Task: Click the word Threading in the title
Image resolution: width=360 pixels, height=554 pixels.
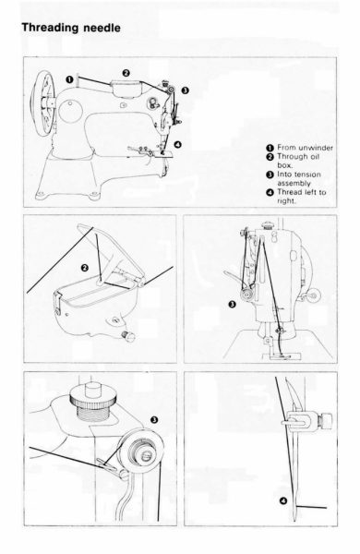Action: coord(51,28)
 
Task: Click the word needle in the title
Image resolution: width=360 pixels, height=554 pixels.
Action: coord(102,28)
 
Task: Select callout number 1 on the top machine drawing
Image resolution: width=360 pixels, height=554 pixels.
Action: coord(69,79)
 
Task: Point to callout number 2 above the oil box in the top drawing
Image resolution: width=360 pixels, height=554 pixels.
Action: coord(126,73)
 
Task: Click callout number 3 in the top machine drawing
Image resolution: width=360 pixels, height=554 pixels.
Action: coord(185,90)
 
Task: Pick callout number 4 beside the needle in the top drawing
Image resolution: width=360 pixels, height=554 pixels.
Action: coord(178,144)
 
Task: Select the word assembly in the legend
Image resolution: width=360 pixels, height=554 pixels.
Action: coord(294,184)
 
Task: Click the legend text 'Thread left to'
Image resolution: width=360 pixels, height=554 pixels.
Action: coord(301,192)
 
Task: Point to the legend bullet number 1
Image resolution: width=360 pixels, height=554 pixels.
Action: coord(270,148)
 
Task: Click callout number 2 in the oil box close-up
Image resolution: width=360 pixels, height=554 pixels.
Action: coord(85,268)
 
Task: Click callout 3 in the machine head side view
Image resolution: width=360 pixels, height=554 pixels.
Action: coord(232,304)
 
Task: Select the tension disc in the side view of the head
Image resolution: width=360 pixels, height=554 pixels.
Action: coord(246,294)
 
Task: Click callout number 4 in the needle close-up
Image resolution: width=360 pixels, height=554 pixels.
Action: coord(283,500)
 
